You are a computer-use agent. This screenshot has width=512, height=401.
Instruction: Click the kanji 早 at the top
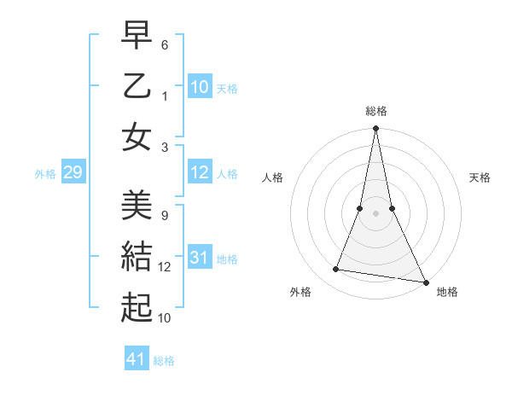click(137, 35)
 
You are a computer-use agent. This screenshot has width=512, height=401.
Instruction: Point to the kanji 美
click(137, 206)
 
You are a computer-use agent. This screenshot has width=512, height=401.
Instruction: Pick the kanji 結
click(137, 257)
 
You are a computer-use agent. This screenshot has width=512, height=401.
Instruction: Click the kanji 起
click(137, 308)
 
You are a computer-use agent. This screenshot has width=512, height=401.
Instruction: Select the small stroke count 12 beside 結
click(165, 267)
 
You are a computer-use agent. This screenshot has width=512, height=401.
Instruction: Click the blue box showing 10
click(200, 87)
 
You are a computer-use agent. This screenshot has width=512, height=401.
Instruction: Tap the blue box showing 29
click(73, 173)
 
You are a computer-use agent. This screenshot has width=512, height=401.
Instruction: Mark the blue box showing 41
click(137, 360)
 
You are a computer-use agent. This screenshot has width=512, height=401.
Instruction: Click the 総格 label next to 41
click(164, 361)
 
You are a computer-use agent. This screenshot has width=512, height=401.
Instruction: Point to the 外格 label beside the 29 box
click(45, 174)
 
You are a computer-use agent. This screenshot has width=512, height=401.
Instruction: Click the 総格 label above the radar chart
click(375, 111)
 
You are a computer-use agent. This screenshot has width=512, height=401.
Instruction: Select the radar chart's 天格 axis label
click(480, 177)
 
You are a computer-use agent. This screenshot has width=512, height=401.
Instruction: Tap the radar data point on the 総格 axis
click(375, 129)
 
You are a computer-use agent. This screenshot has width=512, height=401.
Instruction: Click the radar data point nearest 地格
click(425, 282)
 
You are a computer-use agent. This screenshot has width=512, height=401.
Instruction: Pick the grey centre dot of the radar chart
click(375, 213)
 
